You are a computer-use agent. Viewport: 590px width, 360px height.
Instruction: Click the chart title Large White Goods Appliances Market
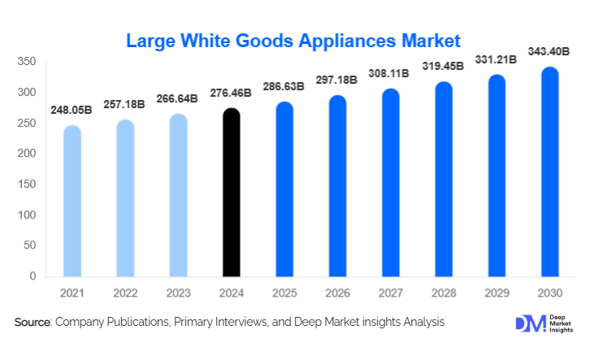pos(293,40)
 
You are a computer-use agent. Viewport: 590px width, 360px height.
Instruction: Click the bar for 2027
pos(390,182)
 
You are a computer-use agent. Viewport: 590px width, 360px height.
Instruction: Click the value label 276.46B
pos(231,93)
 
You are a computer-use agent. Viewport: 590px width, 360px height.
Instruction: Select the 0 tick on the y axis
pos(33,276)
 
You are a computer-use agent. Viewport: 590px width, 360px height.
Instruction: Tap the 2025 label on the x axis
pos(284,293)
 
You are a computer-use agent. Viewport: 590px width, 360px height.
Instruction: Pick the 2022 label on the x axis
pos(125,293)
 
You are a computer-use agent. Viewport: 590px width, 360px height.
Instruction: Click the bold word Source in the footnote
pos(33,323)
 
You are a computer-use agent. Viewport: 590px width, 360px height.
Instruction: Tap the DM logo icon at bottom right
pos(527,323)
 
